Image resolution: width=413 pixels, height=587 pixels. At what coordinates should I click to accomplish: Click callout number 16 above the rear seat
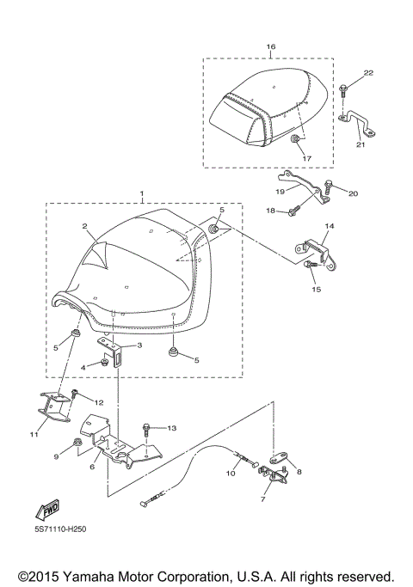point(271,46)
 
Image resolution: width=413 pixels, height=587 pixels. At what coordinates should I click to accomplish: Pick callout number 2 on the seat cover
point(85,226)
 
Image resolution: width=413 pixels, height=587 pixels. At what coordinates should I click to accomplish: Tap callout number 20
point(353,193)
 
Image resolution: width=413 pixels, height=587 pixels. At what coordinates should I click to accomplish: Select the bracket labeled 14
point(314,248)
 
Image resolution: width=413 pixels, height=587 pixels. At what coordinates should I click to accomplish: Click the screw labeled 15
point(311,266)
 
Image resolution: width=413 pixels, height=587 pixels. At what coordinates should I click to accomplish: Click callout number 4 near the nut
point(83,366)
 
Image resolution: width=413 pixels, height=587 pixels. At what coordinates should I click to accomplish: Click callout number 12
point(98,401)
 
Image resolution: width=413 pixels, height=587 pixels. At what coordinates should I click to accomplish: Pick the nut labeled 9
point(77,444)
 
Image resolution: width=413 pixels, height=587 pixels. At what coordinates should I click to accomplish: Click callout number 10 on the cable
point(231,473)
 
